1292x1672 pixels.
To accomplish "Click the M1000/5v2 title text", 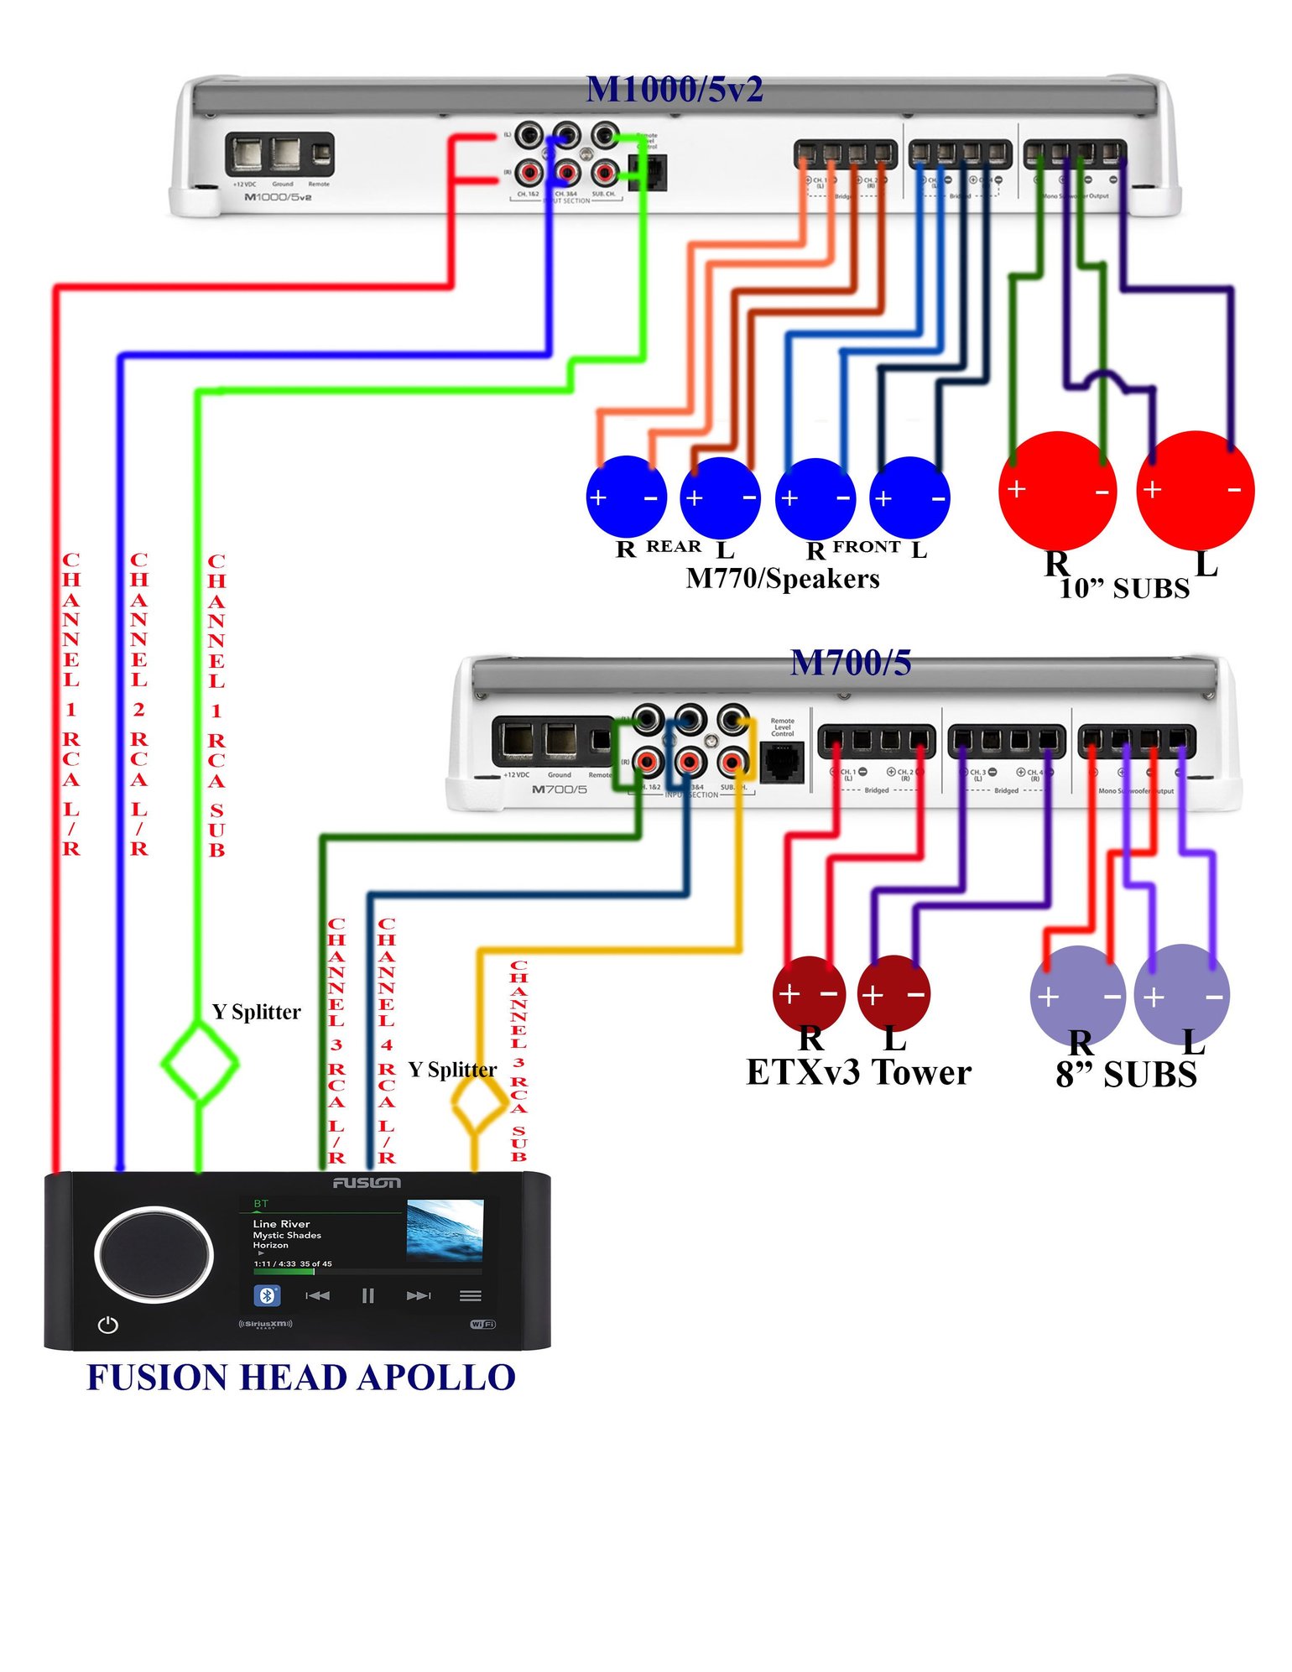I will (674, 90).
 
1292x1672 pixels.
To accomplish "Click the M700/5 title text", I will (850, 663).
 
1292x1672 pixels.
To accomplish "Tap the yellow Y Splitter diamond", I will (479, 1105).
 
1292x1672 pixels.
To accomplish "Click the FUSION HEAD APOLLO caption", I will (300, 1378).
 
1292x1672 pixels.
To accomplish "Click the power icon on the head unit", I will (108, 1325).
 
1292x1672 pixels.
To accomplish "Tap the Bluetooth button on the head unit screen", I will (267, 1295).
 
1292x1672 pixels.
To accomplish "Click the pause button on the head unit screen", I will (367, 1295).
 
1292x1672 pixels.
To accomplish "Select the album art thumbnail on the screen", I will (445, 1230).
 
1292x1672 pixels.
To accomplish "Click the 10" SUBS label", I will (1123, 589).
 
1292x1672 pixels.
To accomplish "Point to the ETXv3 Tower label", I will (858, 1072).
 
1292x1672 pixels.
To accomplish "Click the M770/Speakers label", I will (782, 579).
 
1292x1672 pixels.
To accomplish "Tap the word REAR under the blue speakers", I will (673, 546).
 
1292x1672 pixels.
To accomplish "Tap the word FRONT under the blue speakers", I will (866, 547).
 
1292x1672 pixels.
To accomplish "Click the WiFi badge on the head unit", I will (482, 1324).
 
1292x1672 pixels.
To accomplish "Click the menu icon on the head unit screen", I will (470, 1295).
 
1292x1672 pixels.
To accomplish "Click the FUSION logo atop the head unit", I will (367, 1183).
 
